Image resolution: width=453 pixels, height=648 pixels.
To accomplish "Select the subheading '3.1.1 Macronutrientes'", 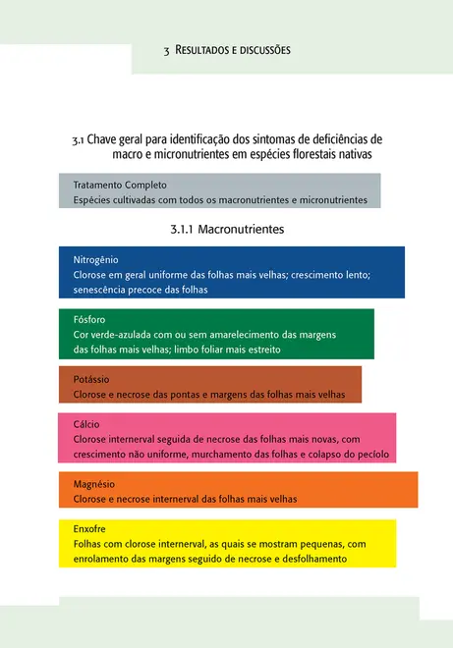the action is point(227,229).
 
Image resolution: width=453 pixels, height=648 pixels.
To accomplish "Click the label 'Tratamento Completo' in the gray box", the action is point(120,185).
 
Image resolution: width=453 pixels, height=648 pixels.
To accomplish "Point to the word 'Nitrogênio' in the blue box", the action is point(96,260).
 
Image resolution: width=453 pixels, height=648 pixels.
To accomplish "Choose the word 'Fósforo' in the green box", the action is point(89,320).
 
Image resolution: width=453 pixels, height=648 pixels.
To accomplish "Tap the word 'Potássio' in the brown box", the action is point(91,379).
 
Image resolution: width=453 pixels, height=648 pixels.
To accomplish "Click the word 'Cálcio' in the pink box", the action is point(86,424).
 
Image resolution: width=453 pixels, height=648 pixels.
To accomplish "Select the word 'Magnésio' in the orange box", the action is point(95,484).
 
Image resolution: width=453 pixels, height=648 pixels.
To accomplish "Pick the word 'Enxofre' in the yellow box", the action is point(89,528).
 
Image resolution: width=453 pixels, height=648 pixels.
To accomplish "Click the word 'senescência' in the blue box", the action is point(102,290).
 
